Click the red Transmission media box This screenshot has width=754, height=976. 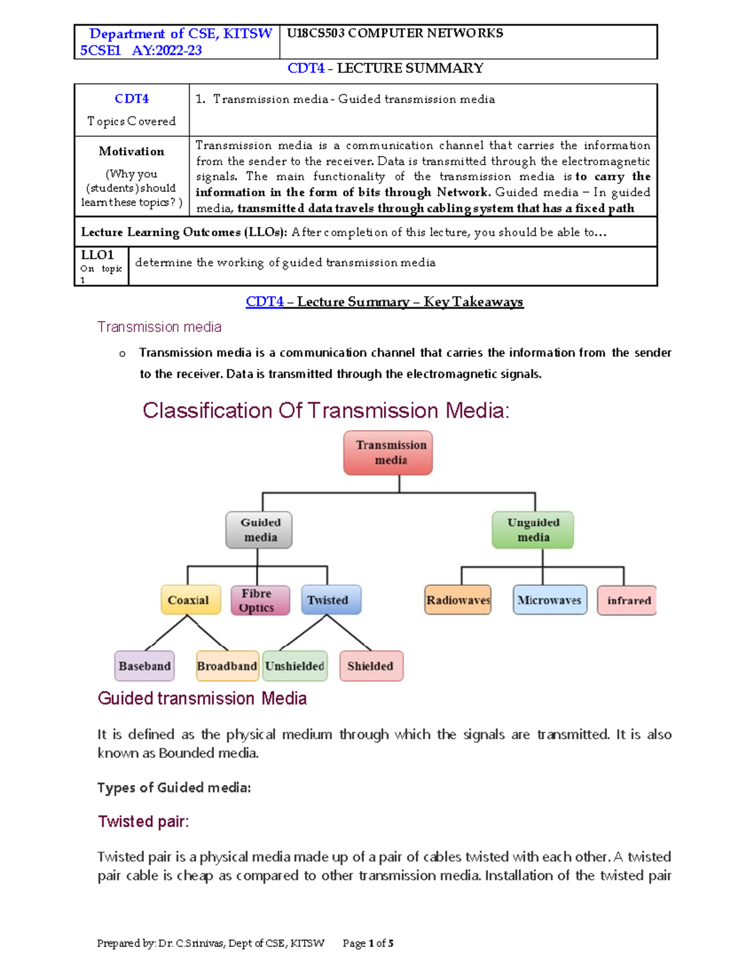click(x=388, y=452)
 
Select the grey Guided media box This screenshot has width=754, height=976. click(x=259, y=530)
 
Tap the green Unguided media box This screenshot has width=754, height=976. click(x=533, y=530)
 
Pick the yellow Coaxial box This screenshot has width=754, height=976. click(x=190, y=600)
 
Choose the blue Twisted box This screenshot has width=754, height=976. click(x=331, y=600)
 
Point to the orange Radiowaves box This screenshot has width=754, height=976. click(x=458, y=600)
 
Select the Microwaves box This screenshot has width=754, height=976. click(x=550, y=600)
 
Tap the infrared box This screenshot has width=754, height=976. click(x=627, y=600)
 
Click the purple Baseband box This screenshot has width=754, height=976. click(x=145, y=666)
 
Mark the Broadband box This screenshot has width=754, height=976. click(x=227, y=666)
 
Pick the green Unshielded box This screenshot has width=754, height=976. click(x=295, y=666)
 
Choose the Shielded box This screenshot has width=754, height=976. click(x=371, y=666)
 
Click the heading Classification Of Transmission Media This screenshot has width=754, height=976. click(x=325, y=410)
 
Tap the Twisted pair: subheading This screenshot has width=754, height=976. click(x=143, y=821)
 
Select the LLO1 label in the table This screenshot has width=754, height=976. click(x=97, y=255)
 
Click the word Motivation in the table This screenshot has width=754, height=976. click(x=131, y=151)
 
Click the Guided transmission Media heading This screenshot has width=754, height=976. click(x=202, y=698)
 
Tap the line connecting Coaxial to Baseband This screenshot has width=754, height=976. click(x=166, y=633)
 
